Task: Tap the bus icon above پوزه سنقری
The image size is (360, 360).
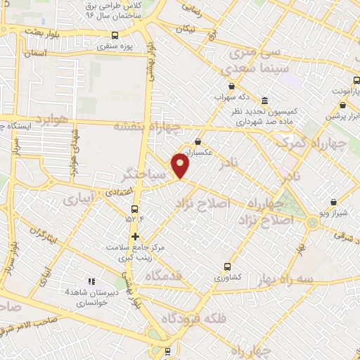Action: tap(115, 35)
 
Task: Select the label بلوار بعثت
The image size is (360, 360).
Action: tap(41, 31)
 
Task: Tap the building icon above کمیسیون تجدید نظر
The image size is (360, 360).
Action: tap(264, 101)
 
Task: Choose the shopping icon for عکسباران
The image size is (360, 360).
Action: tap(198, 141)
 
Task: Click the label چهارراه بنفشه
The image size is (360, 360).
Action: tap(156, 127)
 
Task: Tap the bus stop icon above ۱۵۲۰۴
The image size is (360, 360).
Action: tap(134, 208)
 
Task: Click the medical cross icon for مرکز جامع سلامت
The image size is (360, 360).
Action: tap(135, 236)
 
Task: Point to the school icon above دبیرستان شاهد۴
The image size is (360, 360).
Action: tap(91, 281)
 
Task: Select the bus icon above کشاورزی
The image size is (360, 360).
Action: tap(227, 266)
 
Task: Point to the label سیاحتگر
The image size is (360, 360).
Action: tap(145, 172)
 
